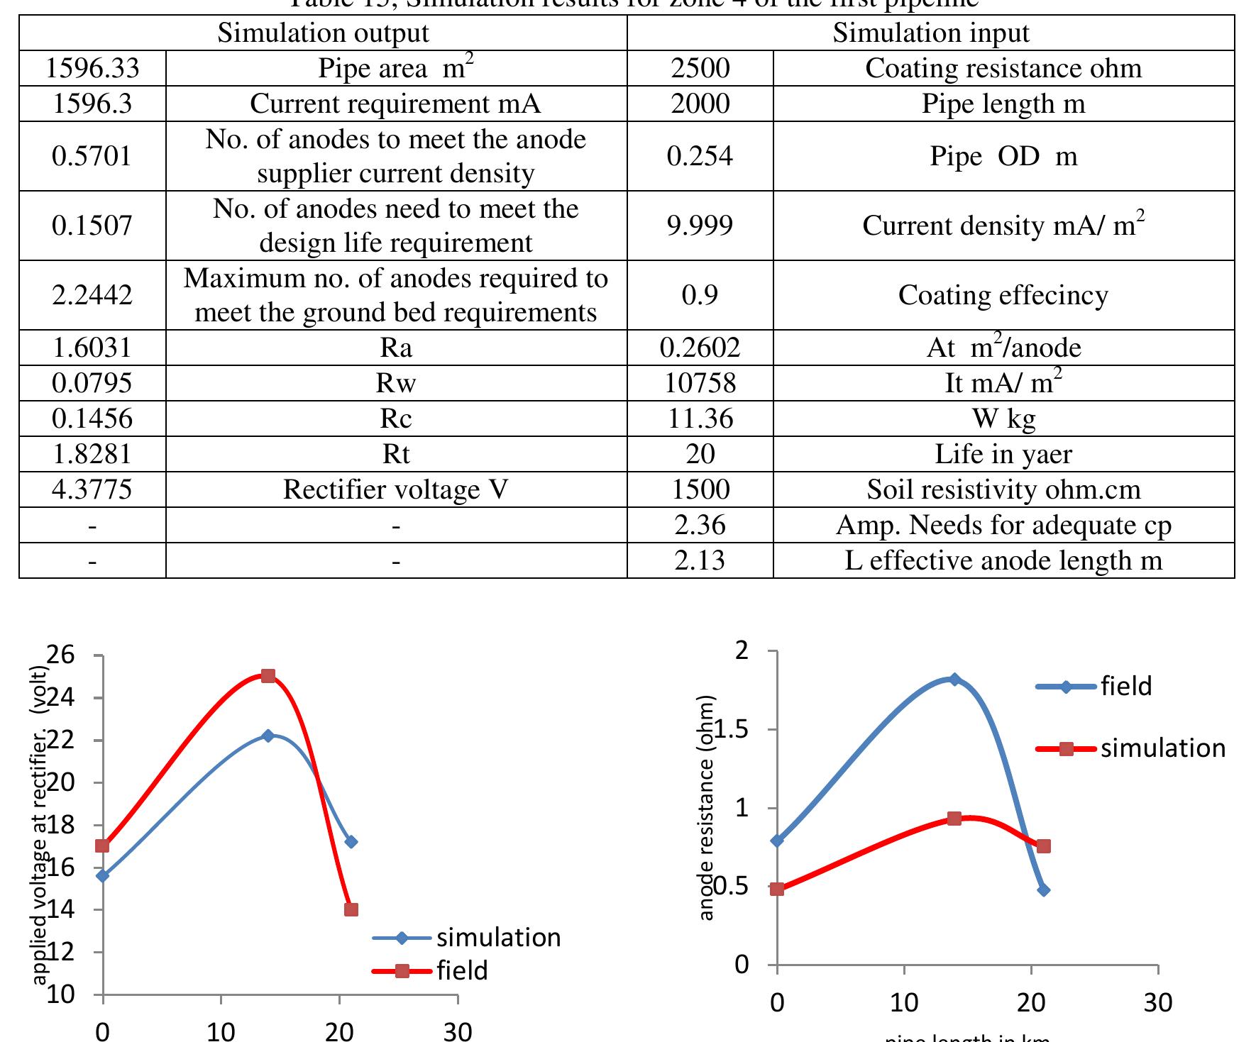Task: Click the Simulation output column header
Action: tap(323, 33)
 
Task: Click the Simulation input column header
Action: tap(930, 33)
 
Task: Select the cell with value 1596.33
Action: tap(92, 68)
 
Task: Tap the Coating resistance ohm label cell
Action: tap(1003, 68)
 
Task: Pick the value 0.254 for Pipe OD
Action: tap(700, 156)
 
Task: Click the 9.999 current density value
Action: tap(700, 226)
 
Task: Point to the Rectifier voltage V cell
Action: tap(396, 489)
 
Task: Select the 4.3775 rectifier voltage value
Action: tap(92, 489)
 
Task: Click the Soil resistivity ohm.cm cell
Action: tap(1003, 489)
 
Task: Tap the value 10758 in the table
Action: tap(700, 383)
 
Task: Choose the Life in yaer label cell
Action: tap(1003, 454)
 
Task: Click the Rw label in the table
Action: tap(396, 383)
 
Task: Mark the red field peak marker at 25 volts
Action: tap(268, 676)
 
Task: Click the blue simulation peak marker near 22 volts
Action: tap(268, 736)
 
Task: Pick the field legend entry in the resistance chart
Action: tap(1125, 686)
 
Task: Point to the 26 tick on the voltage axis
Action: tap(62, 654)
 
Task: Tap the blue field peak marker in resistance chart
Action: tap(954, 680)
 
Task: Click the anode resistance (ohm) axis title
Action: tap(707, 809)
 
